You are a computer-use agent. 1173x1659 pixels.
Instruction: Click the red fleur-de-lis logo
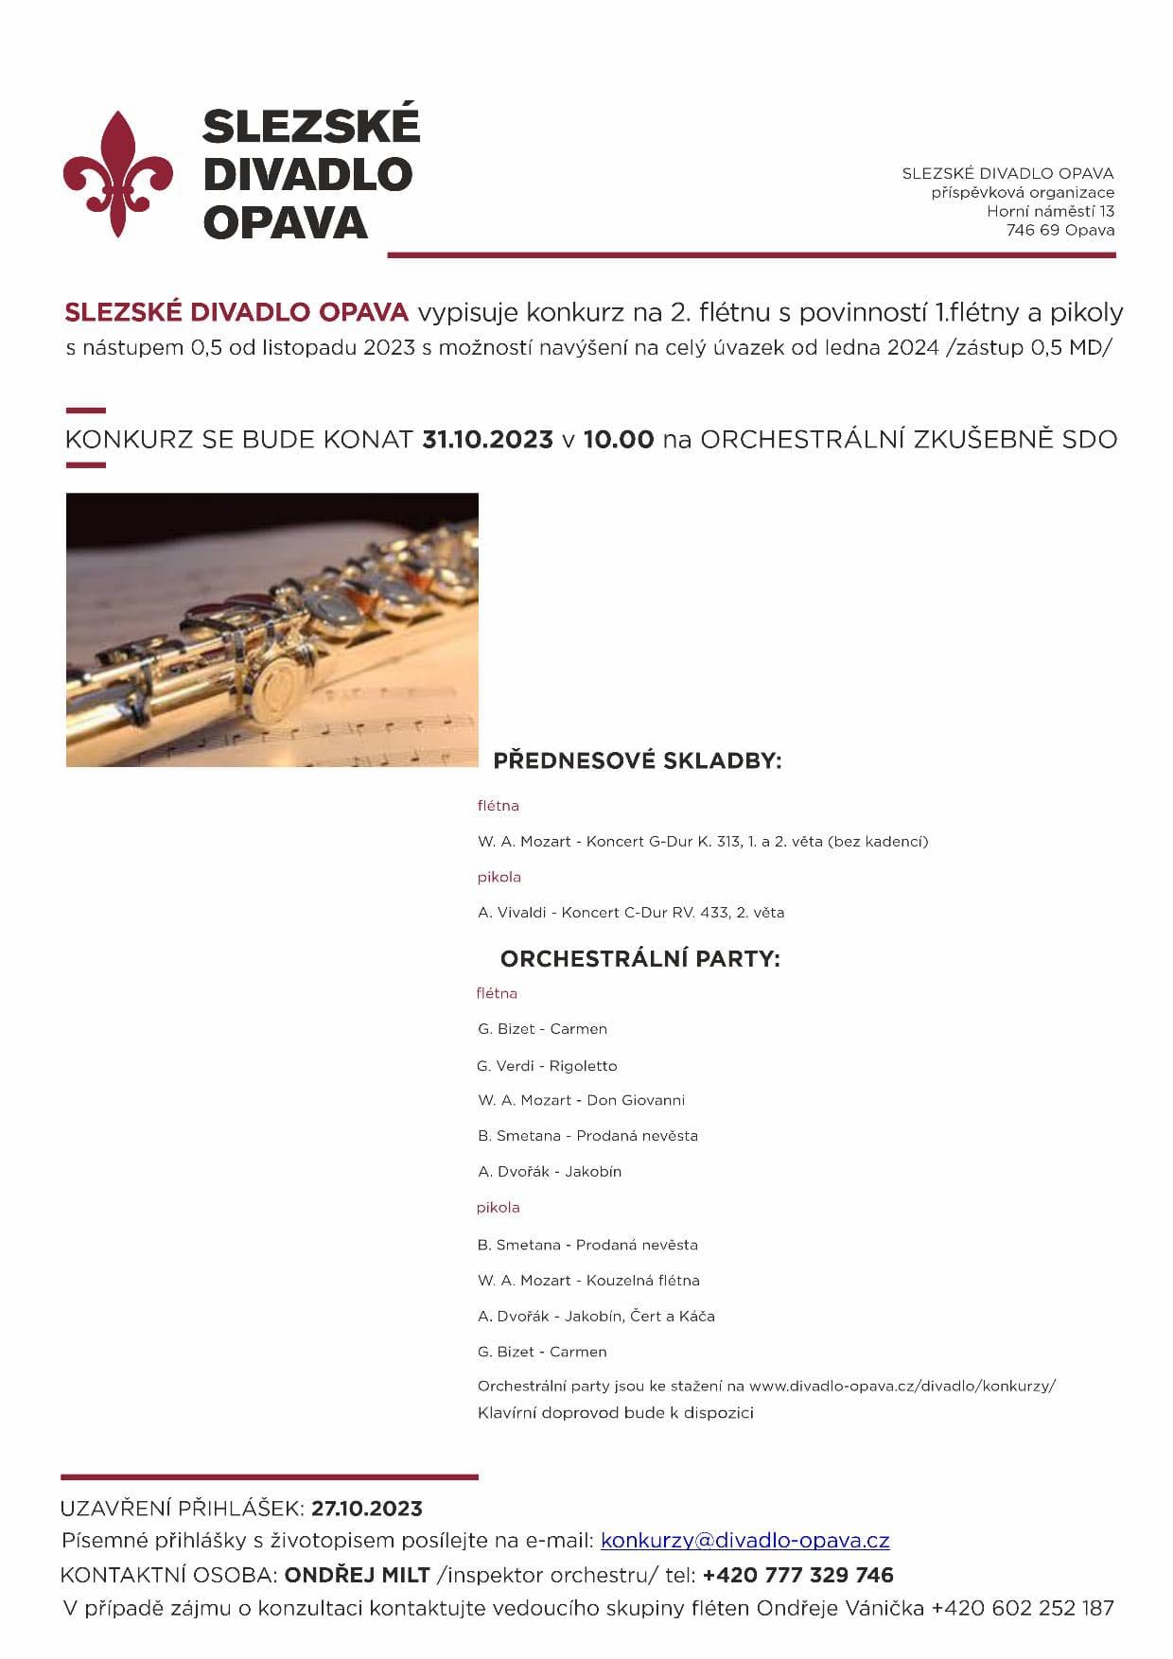coord(118,175)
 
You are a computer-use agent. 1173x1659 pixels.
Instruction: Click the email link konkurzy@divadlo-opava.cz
coord(744,1541)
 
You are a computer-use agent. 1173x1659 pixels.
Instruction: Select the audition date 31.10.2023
coord(487,440)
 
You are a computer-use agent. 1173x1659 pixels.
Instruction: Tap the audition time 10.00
coord(619,440)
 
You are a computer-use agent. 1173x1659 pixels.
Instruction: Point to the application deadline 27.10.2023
coord(367,1509)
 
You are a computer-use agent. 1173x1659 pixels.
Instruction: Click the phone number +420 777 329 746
coord(797,1575)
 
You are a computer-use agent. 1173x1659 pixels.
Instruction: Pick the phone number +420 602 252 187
coord(1023,1608)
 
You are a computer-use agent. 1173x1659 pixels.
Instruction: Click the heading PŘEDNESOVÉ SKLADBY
coord(638,760)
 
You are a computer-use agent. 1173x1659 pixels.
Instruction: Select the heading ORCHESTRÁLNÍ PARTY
coord(639,959)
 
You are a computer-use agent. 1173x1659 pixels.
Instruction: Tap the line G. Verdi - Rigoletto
coord(547,1066)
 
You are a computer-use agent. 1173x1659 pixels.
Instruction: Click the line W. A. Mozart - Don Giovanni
coord(581,1100)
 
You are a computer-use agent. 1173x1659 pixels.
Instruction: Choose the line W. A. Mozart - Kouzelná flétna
coord(588,1281)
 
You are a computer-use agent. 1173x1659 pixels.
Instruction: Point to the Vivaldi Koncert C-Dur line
coord(631,913)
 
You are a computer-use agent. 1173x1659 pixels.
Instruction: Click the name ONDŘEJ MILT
coord(358,1575)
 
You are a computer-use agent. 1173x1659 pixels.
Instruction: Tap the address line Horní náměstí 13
coord(1050,211)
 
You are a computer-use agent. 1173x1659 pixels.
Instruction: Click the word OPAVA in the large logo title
coord(285,223)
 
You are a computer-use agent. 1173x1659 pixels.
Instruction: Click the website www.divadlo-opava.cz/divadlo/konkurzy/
coord(902,1386)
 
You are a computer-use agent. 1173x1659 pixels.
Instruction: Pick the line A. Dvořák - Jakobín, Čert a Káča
coord(596,1317)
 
